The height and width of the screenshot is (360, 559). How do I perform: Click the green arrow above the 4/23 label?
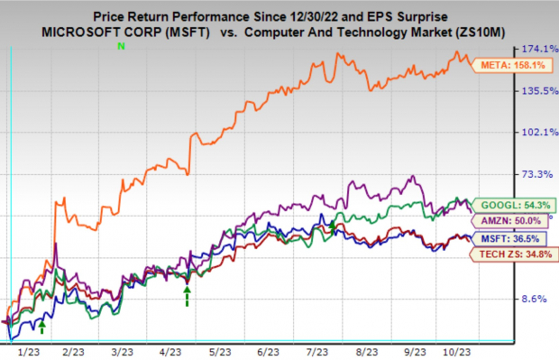point(187,295)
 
